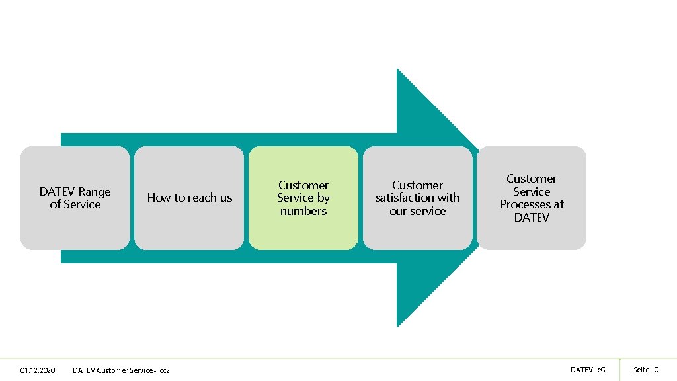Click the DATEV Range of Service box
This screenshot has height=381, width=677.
coord(75,198)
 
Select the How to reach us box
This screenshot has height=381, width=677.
coord(189,198)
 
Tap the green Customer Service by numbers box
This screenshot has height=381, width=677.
coord(303,198)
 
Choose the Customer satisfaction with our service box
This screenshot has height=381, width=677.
coord(417,198)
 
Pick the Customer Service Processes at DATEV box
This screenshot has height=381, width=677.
coord(532,198)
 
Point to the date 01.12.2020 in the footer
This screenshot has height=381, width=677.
coord(38,370)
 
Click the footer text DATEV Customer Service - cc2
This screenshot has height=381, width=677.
coord(121,370)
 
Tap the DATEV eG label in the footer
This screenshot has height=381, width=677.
coord(587,370)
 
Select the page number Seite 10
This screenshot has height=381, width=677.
coord(646,370)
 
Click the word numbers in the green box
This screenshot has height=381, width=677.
coord(303,211)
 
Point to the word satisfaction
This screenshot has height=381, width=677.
coord(403,198)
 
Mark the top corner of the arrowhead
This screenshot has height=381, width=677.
coord(397,70)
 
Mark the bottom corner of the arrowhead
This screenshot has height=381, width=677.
coord(397,325)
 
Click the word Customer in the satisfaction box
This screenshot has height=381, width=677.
coord(417,185)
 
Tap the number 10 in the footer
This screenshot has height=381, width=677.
coord(655,370)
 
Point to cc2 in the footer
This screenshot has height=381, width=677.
coord(165,370)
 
